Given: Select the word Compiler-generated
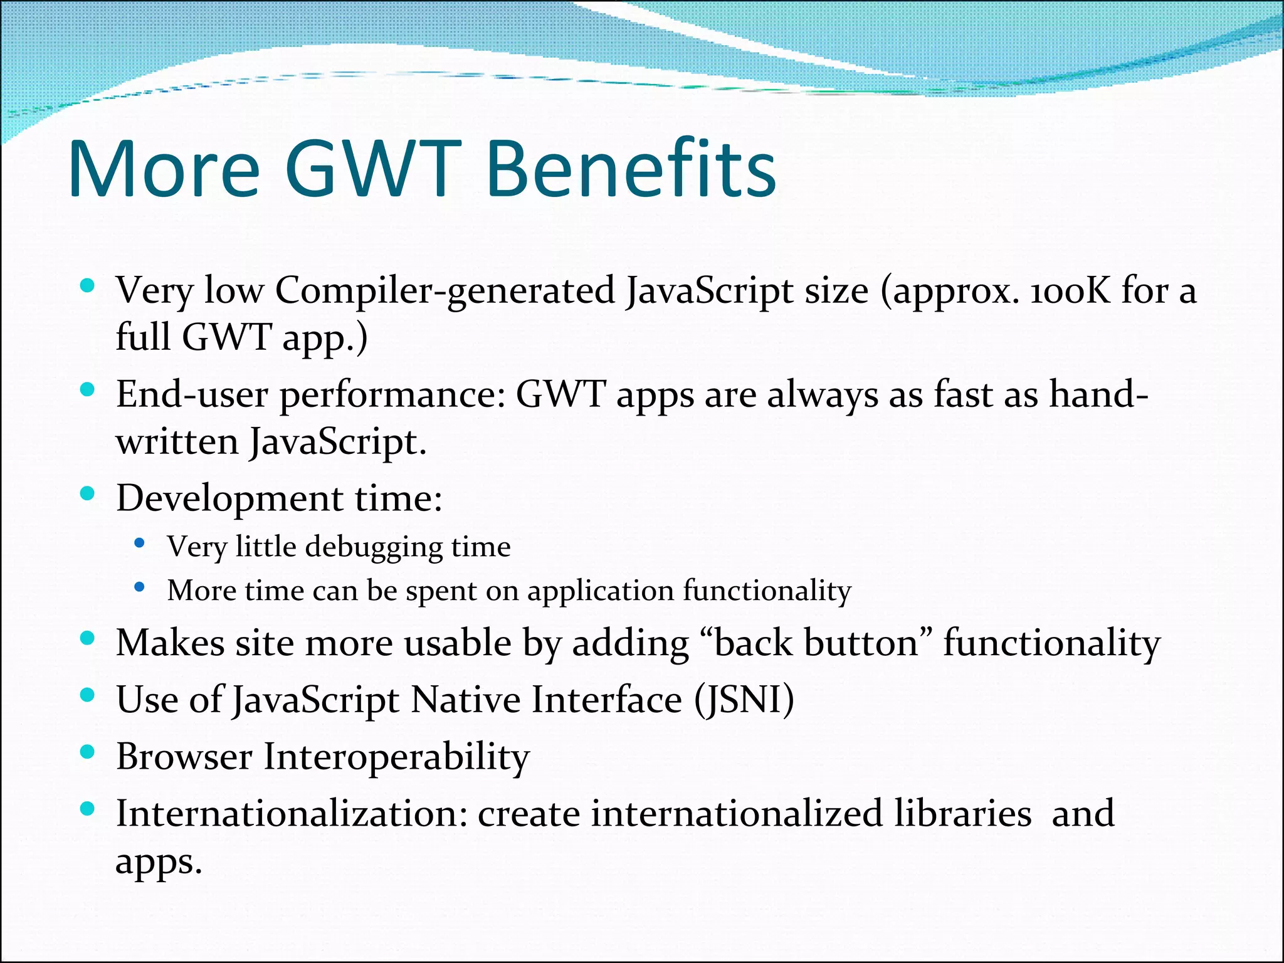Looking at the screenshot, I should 445,291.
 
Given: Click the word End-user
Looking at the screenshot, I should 192,395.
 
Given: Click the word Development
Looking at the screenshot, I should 229,500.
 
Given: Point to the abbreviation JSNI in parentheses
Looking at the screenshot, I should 744,700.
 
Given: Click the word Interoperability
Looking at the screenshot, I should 396,757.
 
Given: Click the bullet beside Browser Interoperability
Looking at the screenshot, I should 88,751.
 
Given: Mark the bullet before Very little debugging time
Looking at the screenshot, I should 140,543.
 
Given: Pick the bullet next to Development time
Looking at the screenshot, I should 88,493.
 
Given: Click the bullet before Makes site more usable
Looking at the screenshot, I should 88,638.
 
